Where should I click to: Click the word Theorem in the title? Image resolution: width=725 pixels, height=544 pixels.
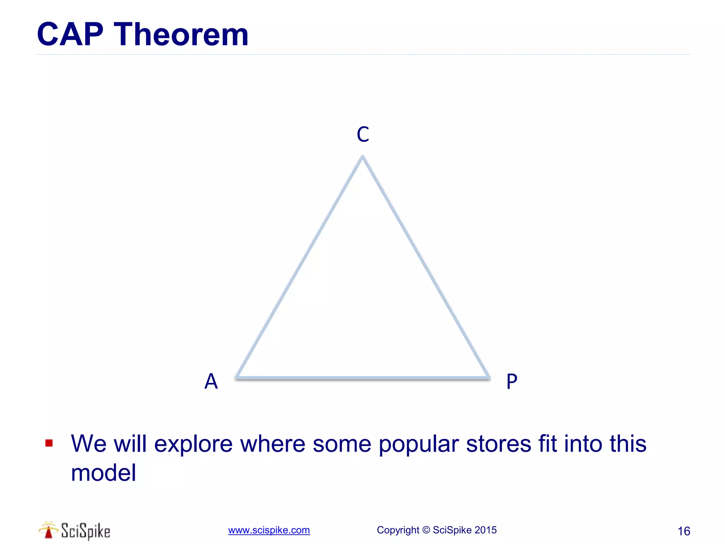pos(181,34)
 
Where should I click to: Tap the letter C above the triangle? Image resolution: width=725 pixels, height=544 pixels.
pos(363,135)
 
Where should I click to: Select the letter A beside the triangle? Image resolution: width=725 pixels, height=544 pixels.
pos(211,381)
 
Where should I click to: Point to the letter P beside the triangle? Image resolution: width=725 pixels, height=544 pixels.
pos(512,382)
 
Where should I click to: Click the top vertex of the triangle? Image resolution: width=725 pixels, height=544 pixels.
pos(362,157)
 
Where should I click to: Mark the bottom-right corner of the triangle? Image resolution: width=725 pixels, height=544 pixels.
pos(489,378)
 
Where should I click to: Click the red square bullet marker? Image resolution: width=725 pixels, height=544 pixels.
pos(49,443)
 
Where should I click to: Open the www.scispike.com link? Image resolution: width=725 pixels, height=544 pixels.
pos(269,530)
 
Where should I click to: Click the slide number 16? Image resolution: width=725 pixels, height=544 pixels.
pos(684,531)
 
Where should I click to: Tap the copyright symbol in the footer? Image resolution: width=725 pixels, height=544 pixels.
pos(426,530)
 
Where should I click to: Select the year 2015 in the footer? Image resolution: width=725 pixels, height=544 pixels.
pos(485,530)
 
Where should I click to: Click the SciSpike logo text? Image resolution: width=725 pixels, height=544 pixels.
pos(85,531)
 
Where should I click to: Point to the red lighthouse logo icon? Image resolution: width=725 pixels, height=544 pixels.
pos(48,530)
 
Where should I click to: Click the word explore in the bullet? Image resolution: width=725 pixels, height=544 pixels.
pos(193,444)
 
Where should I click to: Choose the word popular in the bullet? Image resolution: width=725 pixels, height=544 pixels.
pos(419,444)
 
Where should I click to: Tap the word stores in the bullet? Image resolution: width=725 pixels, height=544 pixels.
pos(498,443)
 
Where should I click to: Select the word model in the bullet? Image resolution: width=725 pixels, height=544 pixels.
pos(103,473)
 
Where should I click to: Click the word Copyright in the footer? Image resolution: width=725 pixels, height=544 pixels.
pos(398,530)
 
